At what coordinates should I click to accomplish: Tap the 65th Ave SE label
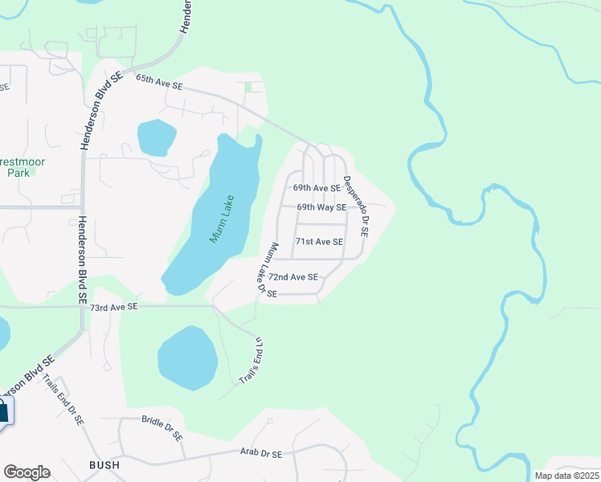[159, 81]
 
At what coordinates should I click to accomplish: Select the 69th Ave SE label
[317, 188]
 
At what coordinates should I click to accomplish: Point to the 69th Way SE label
[321, 207]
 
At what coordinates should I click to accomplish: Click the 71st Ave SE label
[319, 242]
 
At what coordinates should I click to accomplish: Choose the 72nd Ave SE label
[292, 277]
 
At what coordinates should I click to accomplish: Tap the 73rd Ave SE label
[113, 307]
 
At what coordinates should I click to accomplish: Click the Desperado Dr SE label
[355, 206]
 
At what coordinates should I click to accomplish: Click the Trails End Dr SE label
[63, 399]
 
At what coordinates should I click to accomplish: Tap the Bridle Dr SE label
[162, 426]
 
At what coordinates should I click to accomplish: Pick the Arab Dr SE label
[261, 455]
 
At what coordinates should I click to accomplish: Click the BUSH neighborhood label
[105, 465]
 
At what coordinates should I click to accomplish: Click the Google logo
[27, 472]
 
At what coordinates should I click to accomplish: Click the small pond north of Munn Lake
[156, 137]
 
